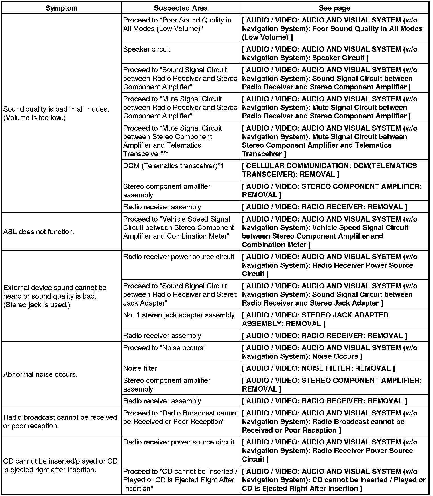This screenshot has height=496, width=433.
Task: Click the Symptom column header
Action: click(x=62, y=8)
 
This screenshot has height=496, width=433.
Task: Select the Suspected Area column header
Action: click(x=181, y=8)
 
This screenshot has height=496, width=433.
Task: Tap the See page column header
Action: click(x=334, y=8)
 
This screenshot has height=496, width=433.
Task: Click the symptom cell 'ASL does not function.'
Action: click(x=39, y=232)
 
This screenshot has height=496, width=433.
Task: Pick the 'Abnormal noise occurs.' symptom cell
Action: click(x=40, y=374)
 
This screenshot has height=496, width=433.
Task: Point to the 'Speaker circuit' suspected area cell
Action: click(x=147, y=49)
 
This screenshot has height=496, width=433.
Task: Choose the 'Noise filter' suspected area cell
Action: click(x=140, y=368)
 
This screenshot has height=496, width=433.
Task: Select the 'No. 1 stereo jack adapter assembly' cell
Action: click(x=179, y=315)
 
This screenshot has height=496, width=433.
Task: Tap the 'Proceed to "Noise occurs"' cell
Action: click(x=164, y=348)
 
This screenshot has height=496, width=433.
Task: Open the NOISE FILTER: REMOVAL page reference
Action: click(x=318, y=368)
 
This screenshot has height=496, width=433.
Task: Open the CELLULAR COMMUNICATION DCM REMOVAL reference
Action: click(x=329, y=170)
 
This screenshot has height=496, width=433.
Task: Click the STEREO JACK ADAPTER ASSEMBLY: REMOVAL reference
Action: click(x=315, y=319)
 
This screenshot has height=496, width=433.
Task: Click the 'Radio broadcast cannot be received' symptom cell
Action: click(x=60, y=421)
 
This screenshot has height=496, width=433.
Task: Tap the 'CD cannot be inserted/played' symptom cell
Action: click(x=60, y=465)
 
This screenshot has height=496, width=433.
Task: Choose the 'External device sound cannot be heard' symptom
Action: click(x=55, y=296)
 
